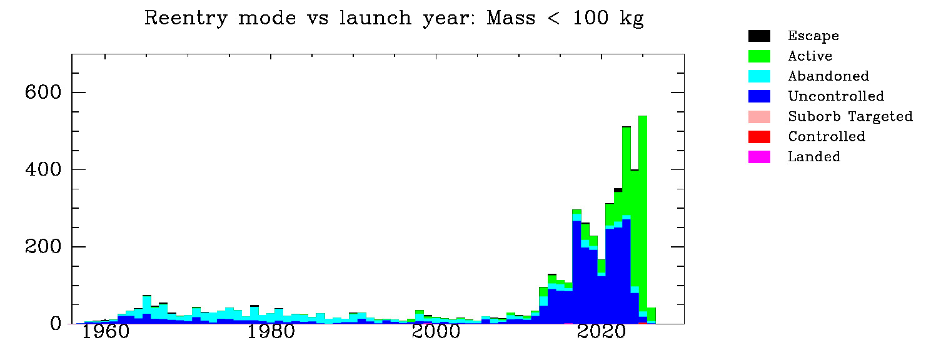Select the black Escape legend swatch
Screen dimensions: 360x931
[759, 36]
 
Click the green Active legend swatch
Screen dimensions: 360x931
[759, 56]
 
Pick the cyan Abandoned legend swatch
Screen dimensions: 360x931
[759, 76]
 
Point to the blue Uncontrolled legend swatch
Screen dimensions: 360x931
[759, 96]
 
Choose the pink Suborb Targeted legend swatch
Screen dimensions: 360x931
[759, 116]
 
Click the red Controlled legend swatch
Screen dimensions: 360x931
[759, 136]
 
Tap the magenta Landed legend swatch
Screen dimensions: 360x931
[759, 156]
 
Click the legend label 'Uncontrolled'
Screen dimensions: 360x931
[836, 96]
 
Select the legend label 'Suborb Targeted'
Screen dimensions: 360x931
[850, 117]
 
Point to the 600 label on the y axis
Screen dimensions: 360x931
[43, 92]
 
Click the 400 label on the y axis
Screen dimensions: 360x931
[43, 170]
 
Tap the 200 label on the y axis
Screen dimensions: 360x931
[43, 247]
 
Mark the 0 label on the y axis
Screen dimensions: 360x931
[56, 324]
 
